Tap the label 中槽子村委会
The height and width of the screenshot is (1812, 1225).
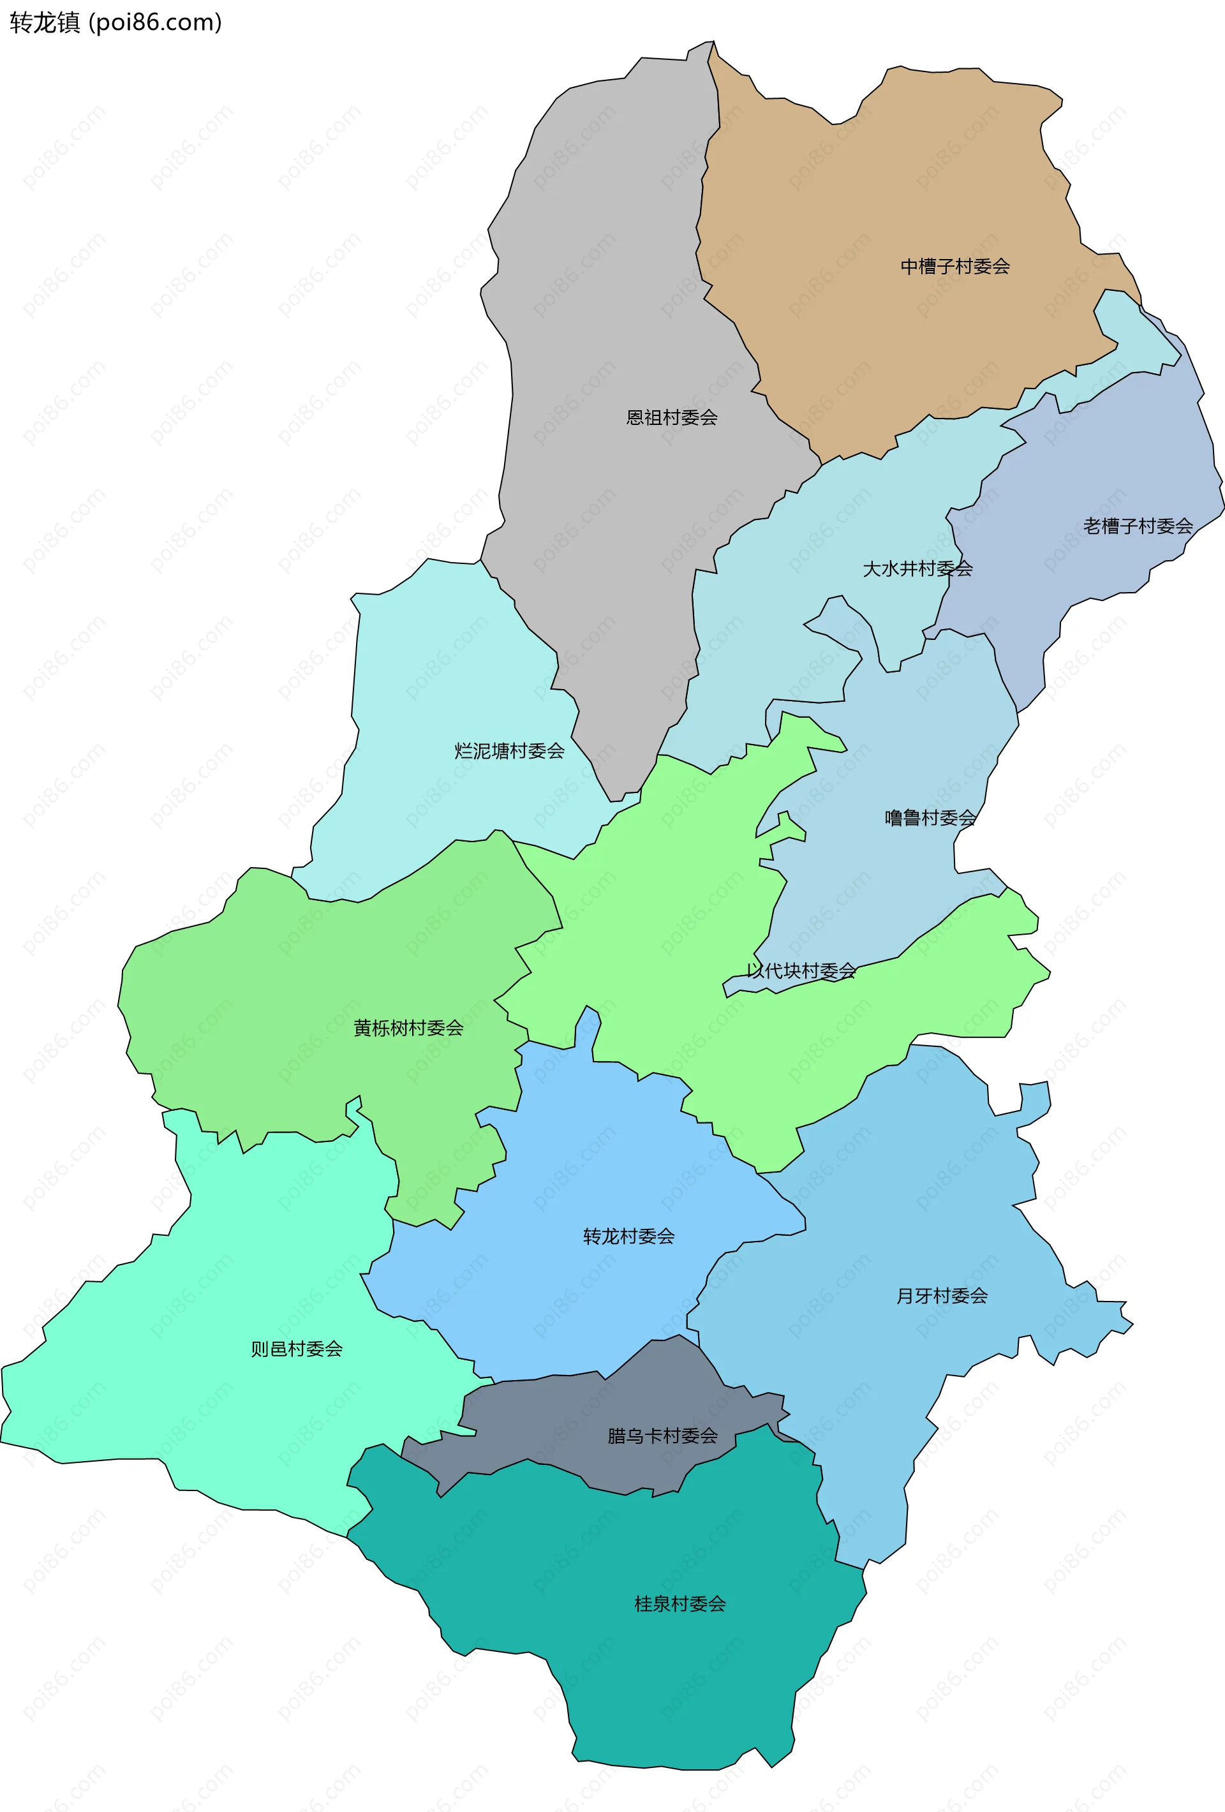click(x=955, y=267)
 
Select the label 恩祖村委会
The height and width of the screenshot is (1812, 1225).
click(x=671, y=418)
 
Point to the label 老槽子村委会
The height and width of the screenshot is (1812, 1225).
click(x=1138, y=526)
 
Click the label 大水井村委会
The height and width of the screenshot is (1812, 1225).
click(x=917, y=569)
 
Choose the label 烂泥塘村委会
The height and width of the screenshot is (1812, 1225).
click(x=509, y=751)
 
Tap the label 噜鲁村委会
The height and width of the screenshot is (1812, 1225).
click(x=930, y=818)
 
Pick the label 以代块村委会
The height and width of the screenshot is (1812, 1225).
click(x=801, y=970)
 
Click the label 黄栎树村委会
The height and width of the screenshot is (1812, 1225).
click(x=408, y=1029)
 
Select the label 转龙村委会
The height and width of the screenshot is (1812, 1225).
click(x=628, y=1236)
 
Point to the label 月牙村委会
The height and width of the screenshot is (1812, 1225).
click(x=942, y=1296)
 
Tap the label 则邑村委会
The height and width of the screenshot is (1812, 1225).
click(x=296, y=1349)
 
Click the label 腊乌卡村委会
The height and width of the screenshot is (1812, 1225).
click(x=663, y=1436)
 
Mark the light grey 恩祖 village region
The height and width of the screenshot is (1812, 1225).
click(x=608, y=312)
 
